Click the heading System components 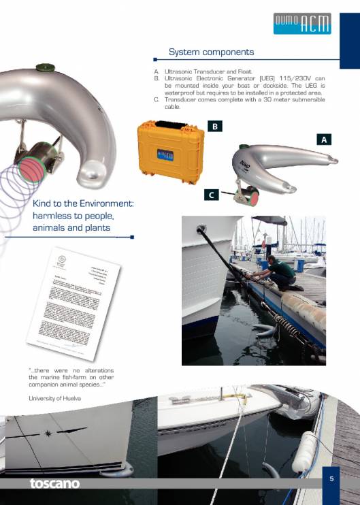pyautogui.click(x=211, y=52)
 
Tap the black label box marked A pyautogui.click(x=325, y=139)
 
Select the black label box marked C pyautogui.click(x=212, y=195)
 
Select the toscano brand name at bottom pyautogui.click(x=54, y=484)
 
